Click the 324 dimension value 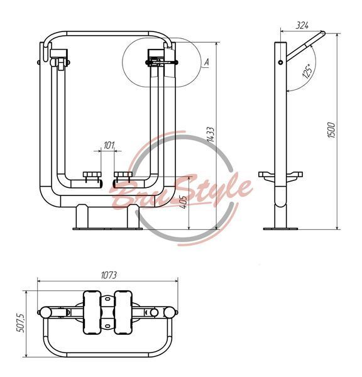click(x=302, y=25)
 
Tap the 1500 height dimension click(x=331, y=130)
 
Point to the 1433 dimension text click(x=211, y=134)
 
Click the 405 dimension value click(x=184, y=202)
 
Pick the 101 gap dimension click(x=109, y=145)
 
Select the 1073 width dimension click(x=109, y=275)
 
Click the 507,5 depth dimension click(x=21, y=323)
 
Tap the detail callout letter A click(x=206, y=62)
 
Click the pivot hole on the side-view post click(x=280, y=62)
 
